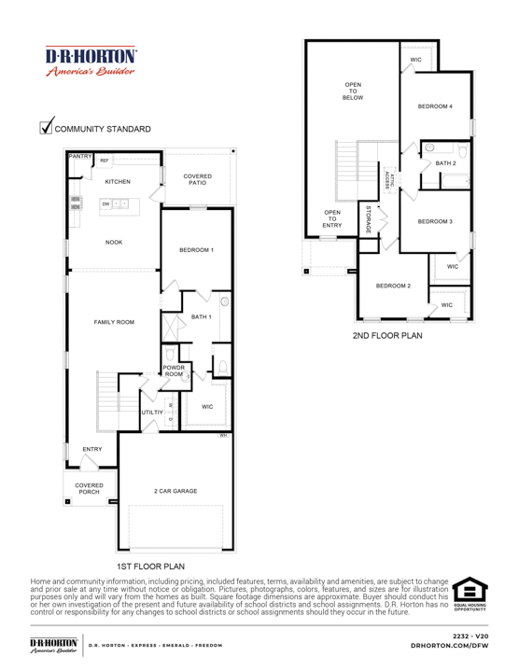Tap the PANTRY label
[79, 158]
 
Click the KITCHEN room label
[118, 181]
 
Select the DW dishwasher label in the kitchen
[106, 203]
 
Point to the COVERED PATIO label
[197, 179]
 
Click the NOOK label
[114, 243]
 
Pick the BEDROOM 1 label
[197, 250]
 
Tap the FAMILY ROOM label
[114, 322]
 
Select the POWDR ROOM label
[175, 371]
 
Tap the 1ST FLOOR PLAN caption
[150, 566]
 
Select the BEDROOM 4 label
[435, 107]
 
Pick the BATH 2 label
[446, 163]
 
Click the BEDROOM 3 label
[435, 221]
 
